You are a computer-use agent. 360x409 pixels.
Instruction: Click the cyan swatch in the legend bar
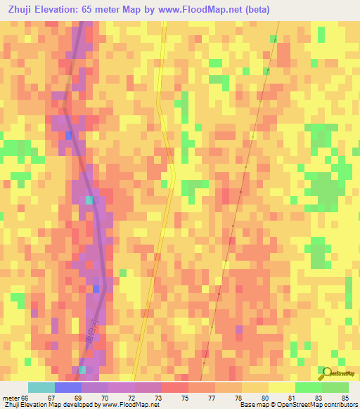tap(41, 387)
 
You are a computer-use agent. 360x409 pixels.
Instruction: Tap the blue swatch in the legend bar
tap(67, 387)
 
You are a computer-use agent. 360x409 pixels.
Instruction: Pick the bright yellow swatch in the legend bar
tap(281, 387)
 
